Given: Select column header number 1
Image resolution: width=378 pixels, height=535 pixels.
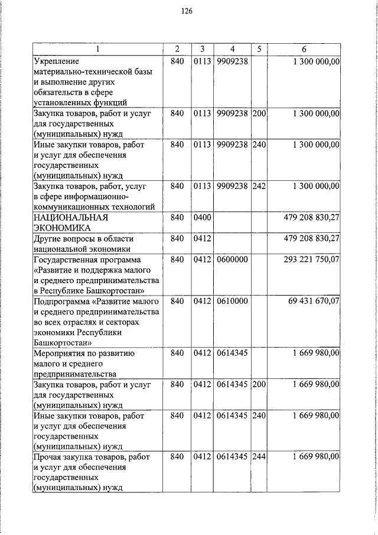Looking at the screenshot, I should click(99, 48).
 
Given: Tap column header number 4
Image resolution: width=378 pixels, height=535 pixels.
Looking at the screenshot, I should click(232, 48).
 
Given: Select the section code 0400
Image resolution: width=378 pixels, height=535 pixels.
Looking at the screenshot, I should click(202, 218).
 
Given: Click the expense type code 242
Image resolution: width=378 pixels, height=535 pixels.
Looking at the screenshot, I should click(259, 186).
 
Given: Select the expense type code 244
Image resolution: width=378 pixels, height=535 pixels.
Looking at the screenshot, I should click(259, 457).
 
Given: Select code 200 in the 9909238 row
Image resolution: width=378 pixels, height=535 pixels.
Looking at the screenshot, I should click(259, 113).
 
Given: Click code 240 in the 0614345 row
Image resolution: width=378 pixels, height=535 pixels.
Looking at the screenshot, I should click(259, 416).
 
